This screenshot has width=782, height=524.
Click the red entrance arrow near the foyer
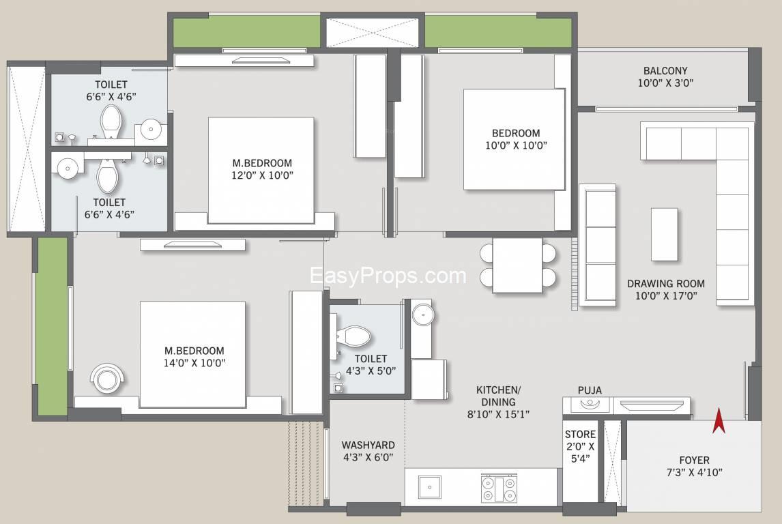[719, 421]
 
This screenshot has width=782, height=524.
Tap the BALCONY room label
[665, 71]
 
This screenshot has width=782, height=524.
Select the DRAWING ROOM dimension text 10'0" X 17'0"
[666, 295]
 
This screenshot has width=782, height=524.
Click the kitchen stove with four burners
[498, 489]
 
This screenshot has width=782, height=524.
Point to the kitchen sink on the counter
[429, 487]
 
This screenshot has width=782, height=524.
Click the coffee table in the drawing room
[665, 234]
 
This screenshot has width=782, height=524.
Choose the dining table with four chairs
[518, 265]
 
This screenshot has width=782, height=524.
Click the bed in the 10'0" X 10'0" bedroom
[515, 140]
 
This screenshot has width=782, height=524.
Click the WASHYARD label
[368, 446]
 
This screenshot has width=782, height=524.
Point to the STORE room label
[580, 434]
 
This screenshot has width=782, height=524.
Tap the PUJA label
[590, 390]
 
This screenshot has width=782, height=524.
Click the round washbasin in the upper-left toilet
[151, 129]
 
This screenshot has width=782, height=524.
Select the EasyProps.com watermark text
[388, 276]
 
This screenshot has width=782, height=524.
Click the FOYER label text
[694, 460]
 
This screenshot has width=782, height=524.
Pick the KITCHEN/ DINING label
[498, 396]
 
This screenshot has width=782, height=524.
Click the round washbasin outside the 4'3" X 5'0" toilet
[423, 315]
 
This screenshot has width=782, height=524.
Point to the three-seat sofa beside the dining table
[598, 243]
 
